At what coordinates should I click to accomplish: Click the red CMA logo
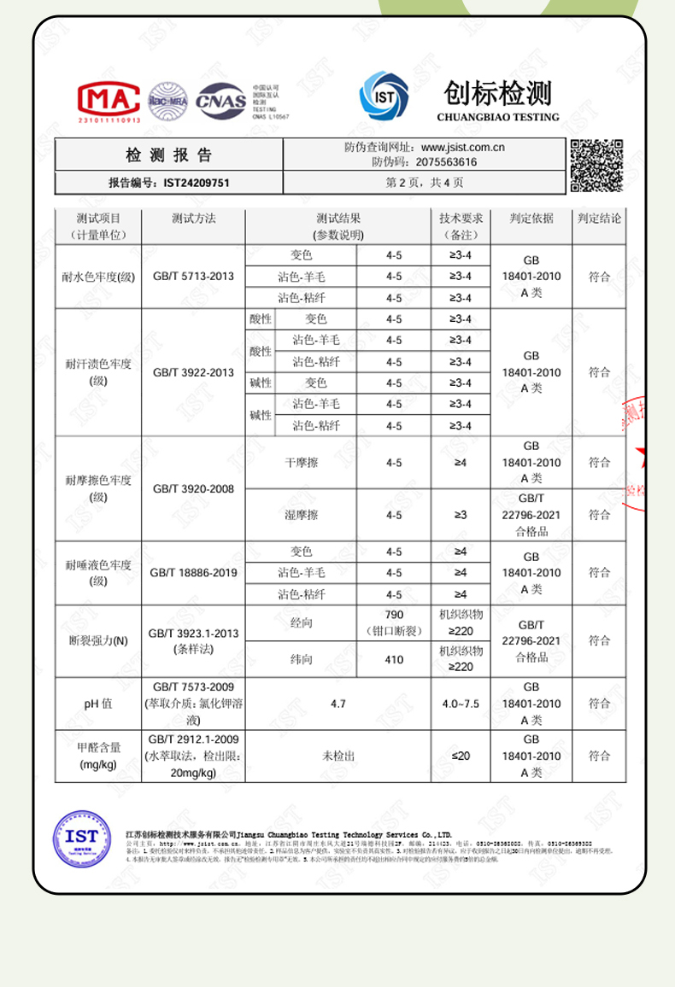click(x=109, y=101)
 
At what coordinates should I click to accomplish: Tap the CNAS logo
click(x=220, y=101)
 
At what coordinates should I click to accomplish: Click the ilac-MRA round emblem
click(x=167, y=101)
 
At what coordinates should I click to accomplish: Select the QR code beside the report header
click(x=596, y=165)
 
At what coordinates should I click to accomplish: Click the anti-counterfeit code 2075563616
click(x=446, y=161)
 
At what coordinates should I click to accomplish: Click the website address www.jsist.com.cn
click(x=462, y=147)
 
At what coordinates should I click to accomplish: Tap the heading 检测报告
click(x=169, y=155)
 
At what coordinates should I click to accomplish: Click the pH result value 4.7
click(x=337, y=704)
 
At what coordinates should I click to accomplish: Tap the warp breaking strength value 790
click(x=394, y=615)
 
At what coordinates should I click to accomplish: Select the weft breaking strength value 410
click(x=394, y=659)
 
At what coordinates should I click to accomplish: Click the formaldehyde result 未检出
click(x=337, y=756)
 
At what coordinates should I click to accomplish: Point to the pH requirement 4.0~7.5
click(x=461, y=704)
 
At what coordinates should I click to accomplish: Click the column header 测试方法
click(x=193, y=219)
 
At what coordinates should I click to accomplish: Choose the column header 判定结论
click(x=599, y=219)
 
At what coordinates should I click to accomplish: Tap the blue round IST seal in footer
click(x=82, y=837)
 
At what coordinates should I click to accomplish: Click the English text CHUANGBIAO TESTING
click(x=497, y=117)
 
